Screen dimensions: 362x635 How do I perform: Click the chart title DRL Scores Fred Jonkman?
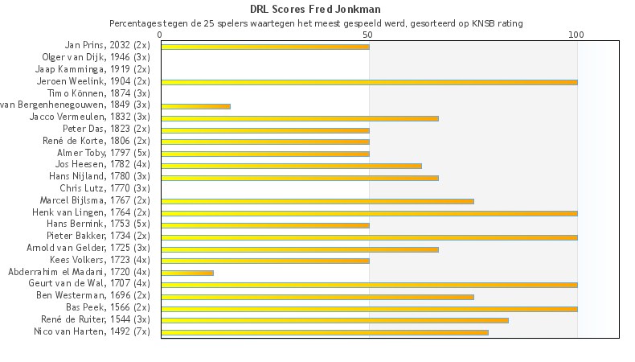(x=316, y=10)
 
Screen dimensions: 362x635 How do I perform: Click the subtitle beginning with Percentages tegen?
(x=316, y=23)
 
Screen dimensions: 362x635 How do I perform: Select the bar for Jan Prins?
(x=265, y=47)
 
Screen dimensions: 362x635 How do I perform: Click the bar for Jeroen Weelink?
(x=369, y=82)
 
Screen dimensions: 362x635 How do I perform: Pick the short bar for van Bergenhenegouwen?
(x=195, y=106)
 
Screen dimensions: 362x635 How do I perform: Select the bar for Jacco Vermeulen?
(x=299, y=118)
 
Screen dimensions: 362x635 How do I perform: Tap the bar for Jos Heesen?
(x=291, y=166)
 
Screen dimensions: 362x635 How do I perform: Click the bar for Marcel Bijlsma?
(x=317, y=201)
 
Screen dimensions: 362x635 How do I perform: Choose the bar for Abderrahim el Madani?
(x=187, y=273)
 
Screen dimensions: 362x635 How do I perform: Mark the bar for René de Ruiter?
(x=334, y=320)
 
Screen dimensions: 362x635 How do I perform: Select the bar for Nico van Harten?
(x=324, y=332)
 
